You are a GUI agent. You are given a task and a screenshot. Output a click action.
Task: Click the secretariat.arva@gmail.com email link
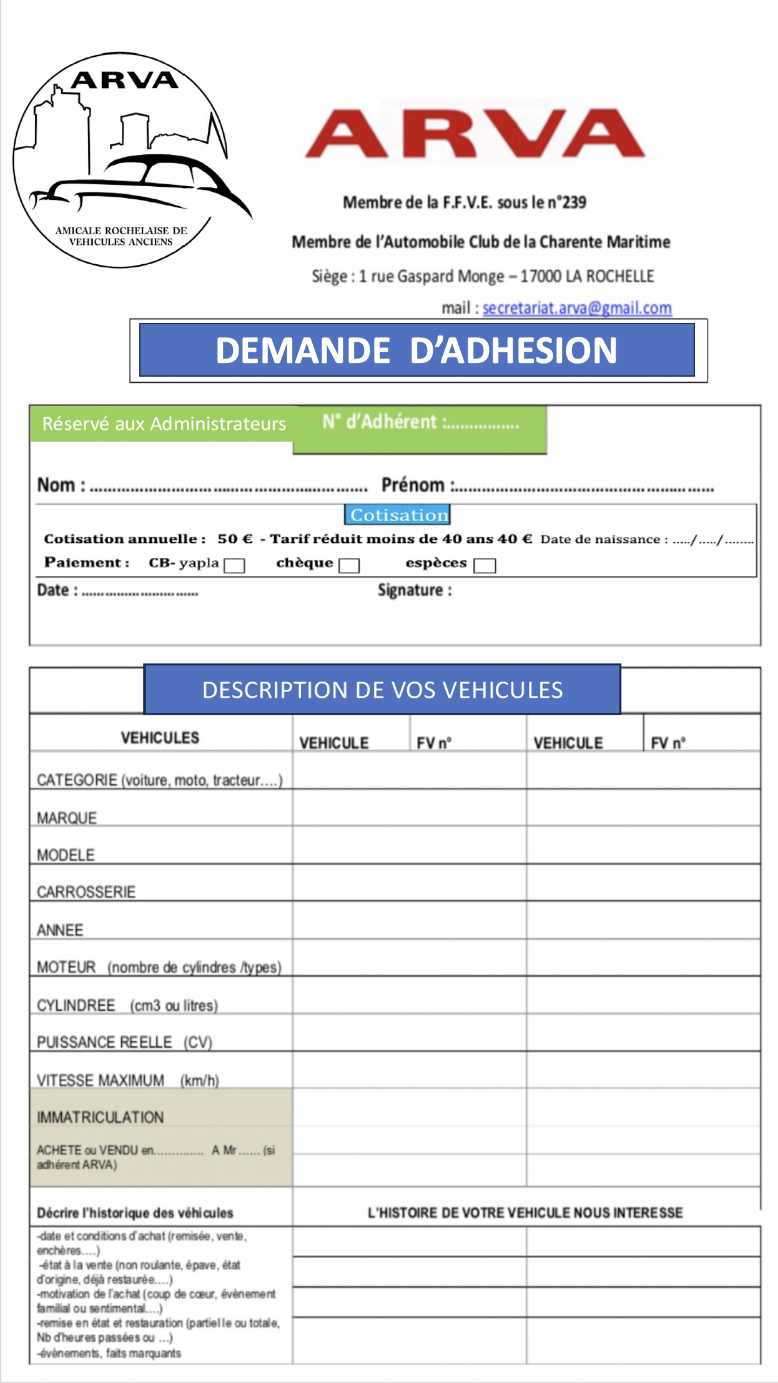point(577,308)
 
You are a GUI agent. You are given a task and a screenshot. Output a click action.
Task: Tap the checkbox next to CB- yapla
point(234,565)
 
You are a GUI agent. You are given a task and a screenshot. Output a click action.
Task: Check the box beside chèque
point(349,565)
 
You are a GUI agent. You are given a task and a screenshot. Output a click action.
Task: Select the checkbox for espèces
point(485,565)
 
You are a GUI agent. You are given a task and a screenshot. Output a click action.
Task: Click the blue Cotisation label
point(398,515)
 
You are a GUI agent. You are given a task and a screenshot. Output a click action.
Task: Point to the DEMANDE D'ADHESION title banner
point(416,350)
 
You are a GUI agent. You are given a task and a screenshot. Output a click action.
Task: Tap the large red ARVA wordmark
point(475,133)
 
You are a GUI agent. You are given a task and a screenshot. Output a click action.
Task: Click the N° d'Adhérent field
point(420,423)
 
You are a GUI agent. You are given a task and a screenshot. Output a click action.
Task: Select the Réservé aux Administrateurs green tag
point(164,424)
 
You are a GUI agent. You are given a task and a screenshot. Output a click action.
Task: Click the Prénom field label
point(413,485)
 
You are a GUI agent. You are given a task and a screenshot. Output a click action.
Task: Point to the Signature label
point(414,590)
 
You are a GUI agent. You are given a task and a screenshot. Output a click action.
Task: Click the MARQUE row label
point(67,818)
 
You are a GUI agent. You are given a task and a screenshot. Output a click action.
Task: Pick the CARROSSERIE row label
point(86,892)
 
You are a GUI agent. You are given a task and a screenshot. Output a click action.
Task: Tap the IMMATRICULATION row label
point(100,1117)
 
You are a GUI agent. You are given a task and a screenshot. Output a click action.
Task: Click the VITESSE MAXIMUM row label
point(101,1080)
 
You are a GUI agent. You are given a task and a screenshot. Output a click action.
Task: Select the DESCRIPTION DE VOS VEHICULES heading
point(382,690)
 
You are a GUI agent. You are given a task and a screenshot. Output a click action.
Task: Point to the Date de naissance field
point(646,539)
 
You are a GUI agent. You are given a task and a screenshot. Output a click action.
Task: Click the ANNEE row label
point(60,930)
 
